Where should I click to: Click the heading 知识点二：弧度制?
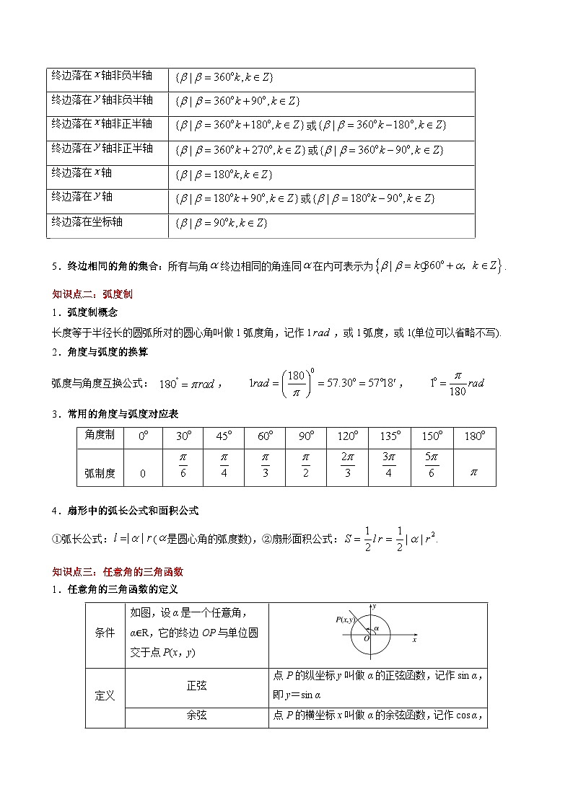pos(92,294)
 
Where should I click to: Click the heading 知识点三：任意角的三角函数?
pos(118,571)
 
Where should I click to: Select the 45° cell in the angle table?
pos(224,437)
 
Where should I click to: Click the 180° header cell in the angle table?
pos(474,437)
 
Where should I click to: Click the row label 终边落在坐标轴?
pos(87,221)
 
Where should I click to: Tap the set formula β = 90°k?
pos(222,223)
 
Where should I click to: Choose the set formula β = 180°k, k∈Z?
pos(224,175)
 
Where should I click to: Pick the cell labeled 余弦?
pos(196,716)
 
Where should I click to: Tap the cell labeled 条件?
pos(105,633)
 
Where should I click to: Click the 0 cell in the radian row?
pos(142,474)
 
